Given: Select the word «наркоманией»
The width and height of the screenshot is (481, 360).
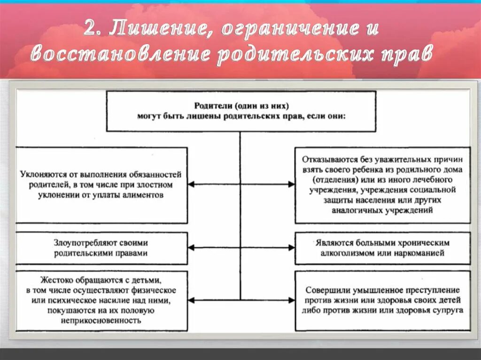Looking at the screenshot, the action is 419,253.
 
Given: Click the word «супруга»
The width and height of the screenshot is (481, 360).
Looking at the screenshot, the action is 446,310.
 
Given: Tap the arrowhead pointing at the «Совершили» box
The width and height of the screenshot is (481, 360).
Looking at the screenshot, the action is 291,300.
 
